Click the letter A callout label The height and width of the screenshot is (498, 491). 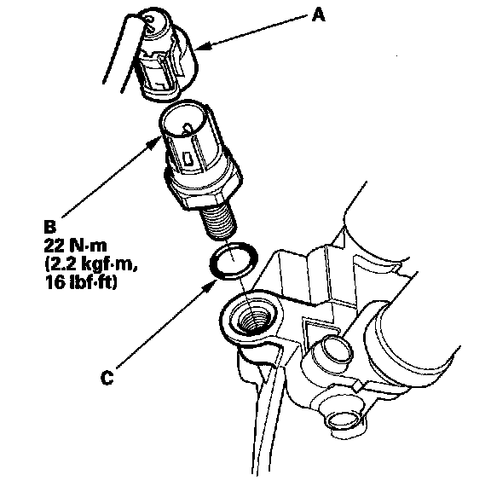coord(318,15)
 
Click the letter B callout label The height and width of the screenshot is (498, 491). coord(49,227)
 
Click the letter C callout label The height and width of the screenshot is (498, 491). coord(107,378)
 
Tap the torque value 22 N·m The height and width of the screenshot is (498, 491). coord(76,246)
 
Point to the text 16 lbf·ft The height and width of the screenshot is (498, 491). coord(81,281)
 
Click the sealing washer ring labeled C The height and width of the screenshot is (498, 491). coord(234,261)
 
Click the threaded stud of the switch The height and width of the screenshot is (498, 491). coord(218,222)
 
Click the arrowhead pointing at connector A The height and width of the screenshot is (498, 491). coord(204,47)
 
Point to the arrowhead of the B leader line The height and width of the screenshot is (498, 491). coord(155,142)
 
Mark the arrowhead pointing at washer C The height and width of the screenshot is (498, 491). coord(210,287)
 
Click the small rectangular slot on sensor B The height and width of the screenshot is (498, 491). coord(188,158)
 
